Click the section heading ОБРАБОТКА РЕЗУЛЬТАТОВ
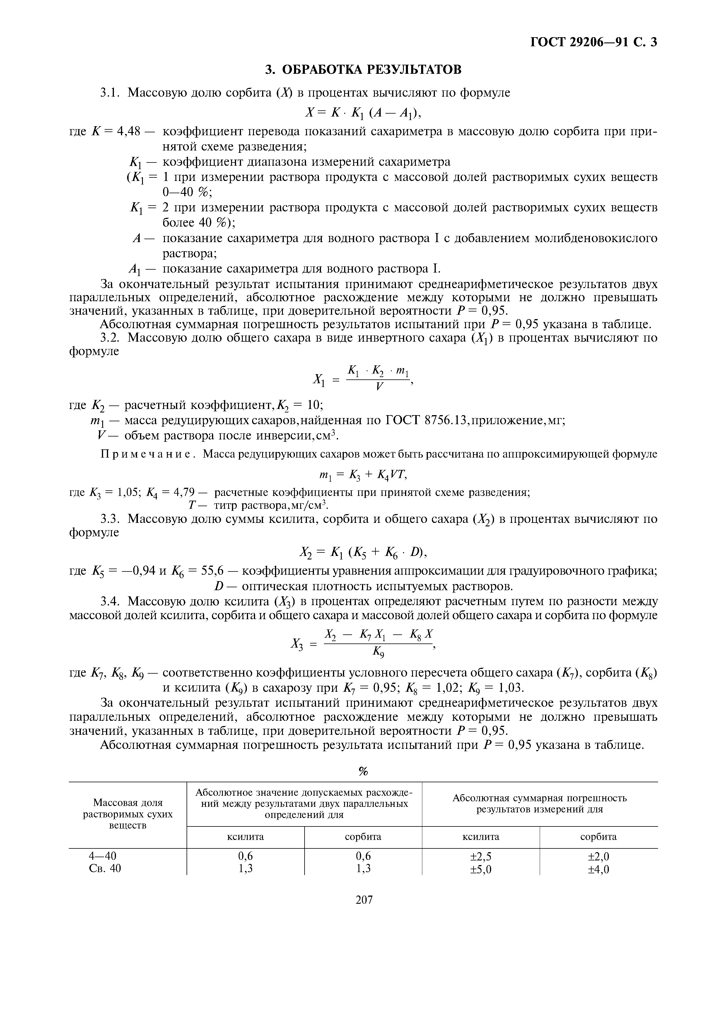click(363, 70)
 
